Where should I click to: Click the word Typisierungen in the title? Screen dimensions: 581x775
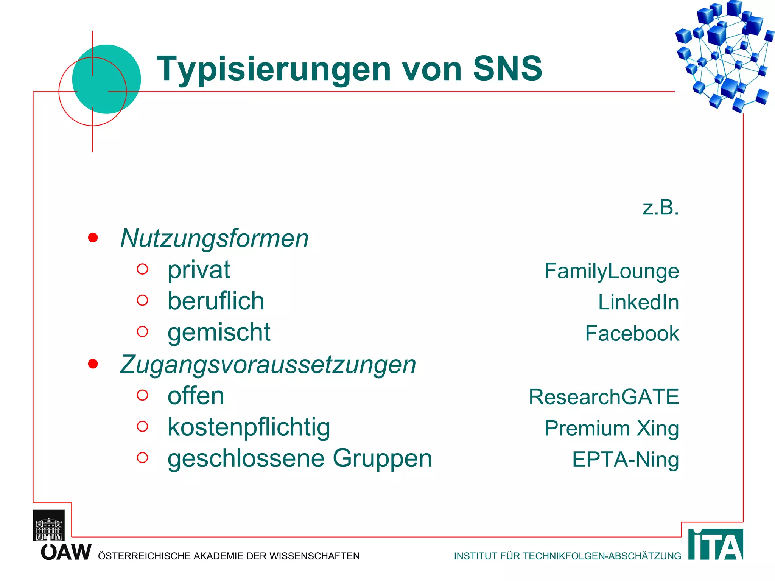click(x=274, y=69)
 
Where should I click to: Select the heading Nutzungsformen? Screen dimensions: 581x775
click(x=214, y=239)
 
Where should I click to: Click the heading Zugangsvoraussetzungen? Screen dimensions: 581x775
click(x=268, y=365)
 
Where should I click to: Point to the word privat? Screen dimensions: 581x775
click(x=199, y=270)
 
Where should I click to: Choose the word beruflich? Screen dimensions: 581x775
click(x=216, y=301)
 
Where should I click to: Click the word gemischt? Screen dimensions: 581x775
click(x=219, y=333)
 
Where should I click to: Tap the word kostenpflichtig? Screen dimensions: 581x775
click(x=249, y=428)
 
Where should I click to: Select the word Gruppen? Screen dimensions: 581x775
click(x=382, y=459)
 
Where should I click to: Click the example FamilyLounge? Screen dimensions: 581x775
click(x=612, y=271)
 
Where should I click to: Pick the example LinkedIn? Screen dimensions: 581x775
click(x=638, y=303)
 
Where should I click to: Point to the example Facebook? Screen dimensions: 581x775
click(x=632, y=334)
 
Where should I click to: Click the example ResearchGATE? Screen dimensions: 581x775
click(x=604, y=397)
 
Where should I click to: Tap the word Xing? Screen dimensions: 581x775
click(x=658, y=429)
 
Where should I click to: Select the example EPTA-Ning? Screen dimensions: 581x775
click(x=625, y=460)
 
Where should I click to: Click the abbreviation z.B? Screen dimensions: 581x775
click(x=660, y=208)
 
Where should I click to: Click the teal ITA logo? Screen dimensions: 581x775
click(x=715, y=545)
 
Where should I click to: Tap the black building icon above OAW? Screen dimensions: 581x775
click(x=49, y=525)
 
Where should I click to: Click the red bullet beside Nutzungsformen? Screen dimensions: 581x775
click(x=93, y=238)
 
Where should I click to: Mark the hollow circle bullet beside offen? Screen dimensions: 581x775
click(x=142, y=395)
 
